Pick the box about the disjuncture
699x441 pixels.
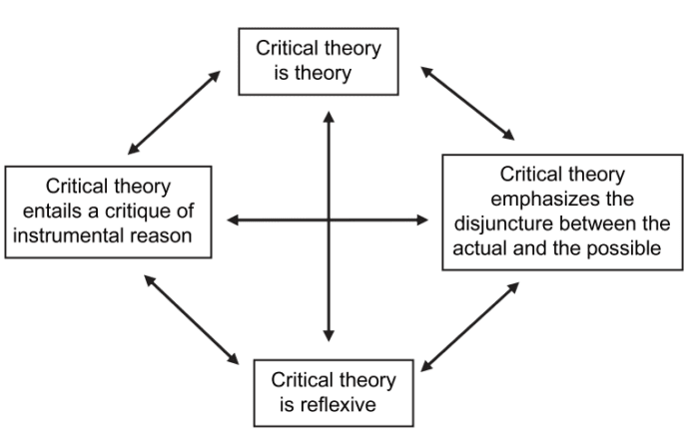[561, 211]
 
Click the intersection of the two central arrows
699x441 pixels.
[329, 220]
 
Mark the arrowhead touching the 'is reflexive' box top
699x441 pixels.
[329, 338]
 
